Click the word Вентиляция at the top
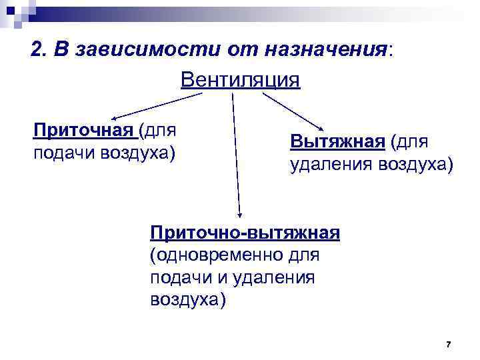(x=241, y=80)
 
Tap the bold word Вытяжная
(x=337, y=141)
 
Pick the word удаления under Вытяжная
(x=331, y=164)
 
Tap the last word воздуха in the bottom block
(x=189, y=299)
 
